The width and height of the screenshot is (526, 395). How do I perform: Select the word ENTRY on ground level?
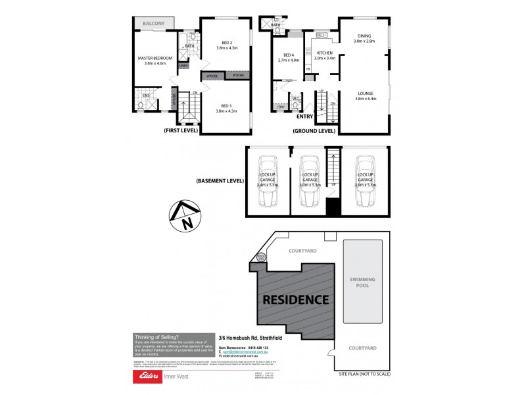pos(305,117)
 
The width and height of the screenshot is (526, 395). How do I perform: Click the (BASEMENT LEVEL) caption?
pos(220,180)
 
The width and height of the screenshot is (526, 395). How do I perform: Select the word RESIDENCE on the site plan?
pos(296,300)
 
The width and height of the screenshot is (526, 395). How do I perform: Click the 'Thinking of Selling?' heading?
pos(155,336)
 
